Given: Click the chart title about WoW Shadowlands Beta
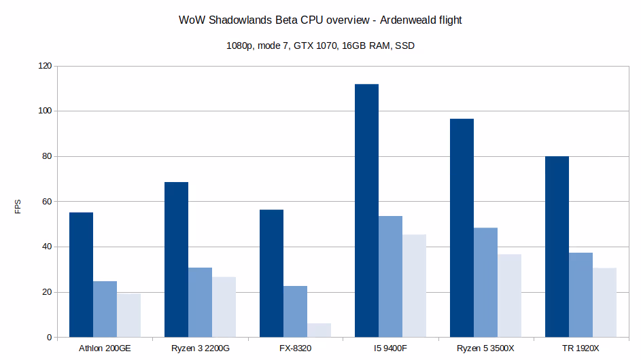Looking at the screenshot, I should pos(320,20).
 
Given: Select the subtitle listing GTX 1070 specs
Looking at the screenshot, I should pos(320,47).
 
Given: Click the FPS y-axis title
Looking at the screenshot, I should pos(18,206).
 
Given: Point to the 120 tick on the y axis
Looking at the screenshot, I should pos(44,66).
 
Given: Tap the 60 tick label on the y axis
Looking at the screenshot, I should pos(46,202).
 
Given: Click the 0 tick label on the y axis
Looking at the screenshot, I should pos(49,338).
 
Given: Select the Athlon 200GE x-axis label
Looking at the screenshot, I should pos(105,348).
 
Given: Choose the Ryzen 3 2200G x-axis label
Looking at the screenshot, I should pos(200,348).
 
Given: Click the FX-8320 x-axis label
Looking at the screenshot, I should pos(295,348).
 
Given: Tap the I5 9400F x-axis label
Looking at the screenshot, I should pos(390,348).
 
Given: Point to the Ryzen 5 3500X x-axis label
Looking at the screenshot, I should pos(485,348).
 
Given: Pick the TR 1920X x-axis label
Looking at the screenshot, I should pos(581,348).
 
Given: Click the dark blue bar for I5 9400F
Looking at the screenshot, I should pos(366,211).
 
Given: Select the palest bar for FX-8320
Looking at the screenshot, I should pos(319,330).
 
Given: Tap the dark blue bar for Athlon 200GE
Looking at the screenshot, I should pos(81,275).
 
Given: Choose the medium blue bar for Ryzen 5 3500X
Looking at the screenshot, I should pos(485,283).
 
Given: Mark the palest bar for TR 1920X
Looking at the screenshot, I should pos(604,303).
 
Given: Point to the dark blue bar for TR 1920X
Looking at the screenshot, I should pos(557,247).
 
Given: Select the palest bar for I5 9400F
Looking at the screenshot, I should pos(414,286).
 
